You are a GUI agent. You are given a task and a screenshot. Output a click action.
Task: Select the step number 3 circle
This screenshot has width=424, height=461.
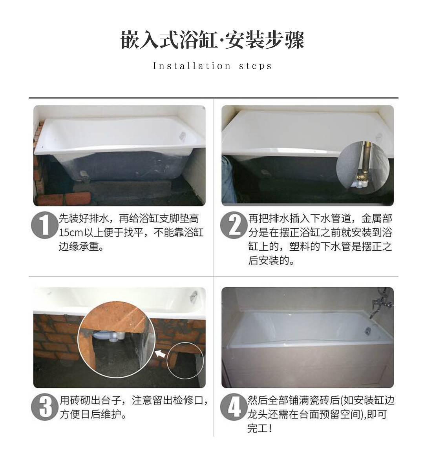(44, 407)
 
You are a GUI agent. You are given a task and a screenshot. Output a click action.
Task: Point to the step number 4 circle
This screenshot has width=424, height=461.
(234, 407)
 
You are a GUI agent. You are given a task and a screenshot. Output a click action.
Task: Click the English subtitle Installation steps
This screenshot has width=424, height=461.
(212, 66)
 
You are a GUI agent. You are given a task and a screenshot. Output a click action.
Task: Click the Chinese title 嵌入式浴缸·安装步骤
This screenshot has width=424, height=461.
(212, 40)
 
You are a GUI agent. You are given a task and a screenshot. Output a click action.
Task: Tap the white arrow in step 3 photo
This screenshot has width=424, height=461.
(160, 353)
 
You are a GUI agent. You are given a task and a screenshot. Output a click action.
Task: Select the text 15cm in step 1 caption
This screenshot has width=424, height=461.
(71, 233)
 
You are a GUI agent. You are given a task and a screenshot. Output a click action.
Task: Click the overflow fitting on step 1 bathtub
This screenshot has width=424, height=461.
(183, 135)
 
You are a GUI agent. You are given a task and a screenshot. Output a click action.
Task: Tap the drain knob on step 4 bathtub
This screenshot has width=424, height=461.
(368, 331)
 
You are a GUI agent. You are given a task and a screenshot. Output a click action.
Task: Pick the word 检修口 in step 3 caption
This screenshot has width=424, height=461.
(188, 401)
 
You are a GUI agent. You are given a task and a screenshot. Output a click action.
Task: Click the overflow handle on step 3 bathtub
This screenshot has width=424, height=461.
(194, 295)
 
